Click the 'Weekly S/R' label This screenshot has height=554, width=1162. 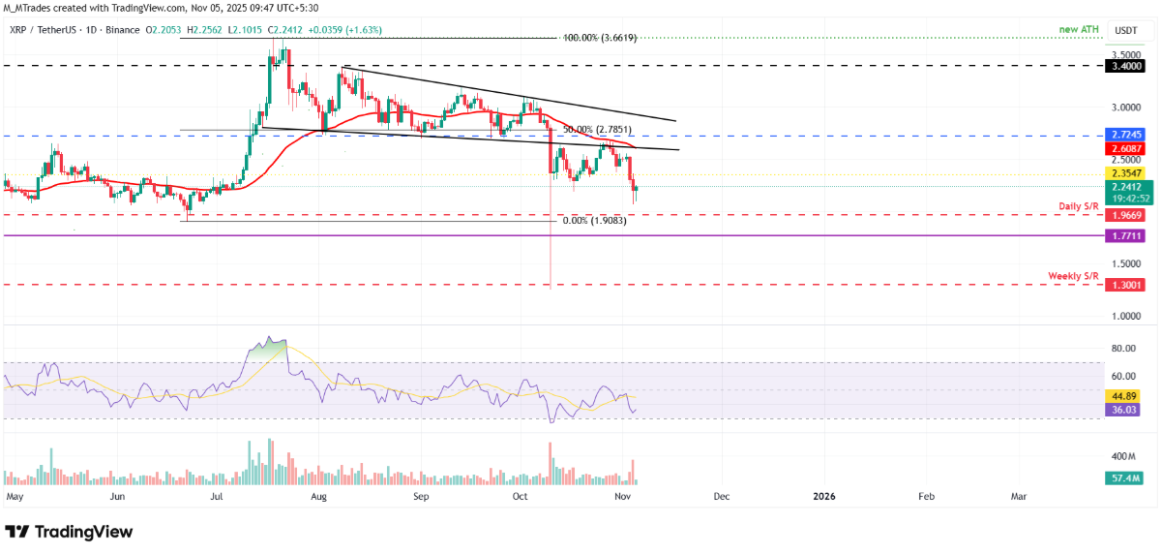coord(1073,276)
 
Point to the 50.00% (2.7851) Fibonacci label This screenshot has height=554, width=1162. coord(596,129)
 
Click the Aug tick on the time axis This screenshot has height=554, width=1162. coord(321,496)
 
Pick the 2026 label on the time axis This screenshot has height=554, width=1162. coord(823,496)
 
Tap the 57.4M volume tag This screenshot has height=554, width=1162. coord(1126,478)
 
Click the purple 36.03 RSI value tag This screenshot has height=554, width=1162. coord(1125,410)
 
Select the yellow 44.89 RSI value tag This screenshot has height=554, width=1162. coord(1125,395)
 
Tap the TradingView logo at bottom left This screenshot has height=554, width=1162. coord(70,532)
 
